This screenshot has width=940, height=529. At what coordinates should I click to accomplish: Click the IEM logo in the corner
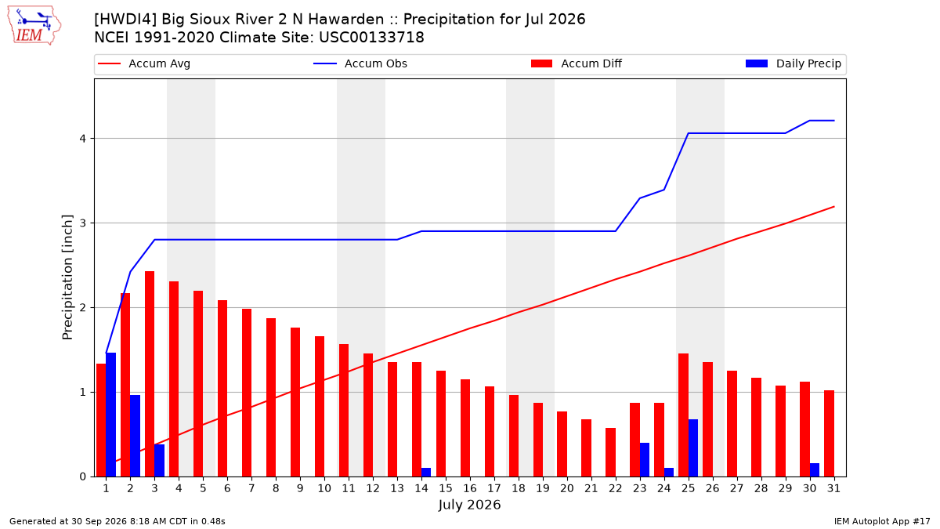pyautogui.click(x=34, y=26)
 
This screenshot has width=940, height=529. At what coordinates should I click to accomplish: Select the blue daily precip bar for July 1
pyautogui.click(x=110, y=415)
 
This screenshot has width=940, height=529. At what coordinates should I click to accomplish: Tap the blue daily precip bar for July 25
pyautogui.click(x=693, y=448)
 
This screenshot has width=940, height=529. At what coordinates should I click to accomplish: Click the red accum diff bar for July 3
pyautogui.click(x=150, y=374)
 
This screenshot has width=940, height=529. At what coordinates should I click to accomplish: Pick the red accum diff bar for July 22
pyautogui.click(x=610, y=452)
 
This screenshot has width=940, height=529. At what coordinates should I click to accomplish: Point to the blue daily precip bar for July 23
pyautogui.click(x=645, y=460)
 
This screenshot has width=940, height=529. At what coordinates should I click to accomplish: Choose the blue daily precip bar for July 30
pyautogui.click(x=815, y=469)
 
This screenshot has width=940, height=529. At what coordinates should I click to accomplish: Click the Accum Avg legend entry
pyautogui.click(x=144, y=63)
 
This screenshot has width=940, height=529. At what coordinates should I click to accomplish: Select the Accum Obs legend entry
pyautogui.click(x=360, y=63)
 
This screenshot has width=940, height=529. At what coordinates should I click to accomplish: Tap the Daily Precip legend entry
pyautogui.click(x=794, y=63)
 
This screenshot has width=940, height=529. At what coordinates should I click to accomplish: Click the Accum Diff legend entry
pyautogui.click(x=577, y=63)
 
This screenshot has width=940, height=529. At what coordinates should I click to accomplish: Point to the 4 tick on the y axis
pyautogui.click(x=83, y=139)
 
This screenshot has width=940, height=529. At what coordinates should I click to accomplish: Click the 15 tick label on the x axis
pyautogui.click(x=446, y=488)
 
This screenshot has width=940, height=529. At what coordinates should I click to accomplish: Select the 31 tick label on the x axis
pyautogui.click(x=833, y=488)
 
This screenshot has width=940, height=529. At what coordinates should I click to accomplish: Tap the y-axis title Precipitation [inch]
pyautogui.click(x=67, y=277)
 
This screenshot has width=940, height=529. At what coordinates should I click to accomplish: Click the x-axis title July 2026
pyautogui.click(x=469, y=505)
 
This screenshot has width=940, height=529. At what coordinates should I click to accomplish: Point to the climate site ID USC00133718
pyautogui.click(x=371, y=38)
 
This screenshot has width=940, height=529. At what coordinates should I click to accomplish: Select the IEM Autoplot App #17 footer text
pyautogui.click(x=882, y=521)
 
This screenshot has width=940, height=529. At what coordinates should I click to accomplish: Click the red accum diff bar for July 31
pyautogui.click(x=830, y=433)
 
